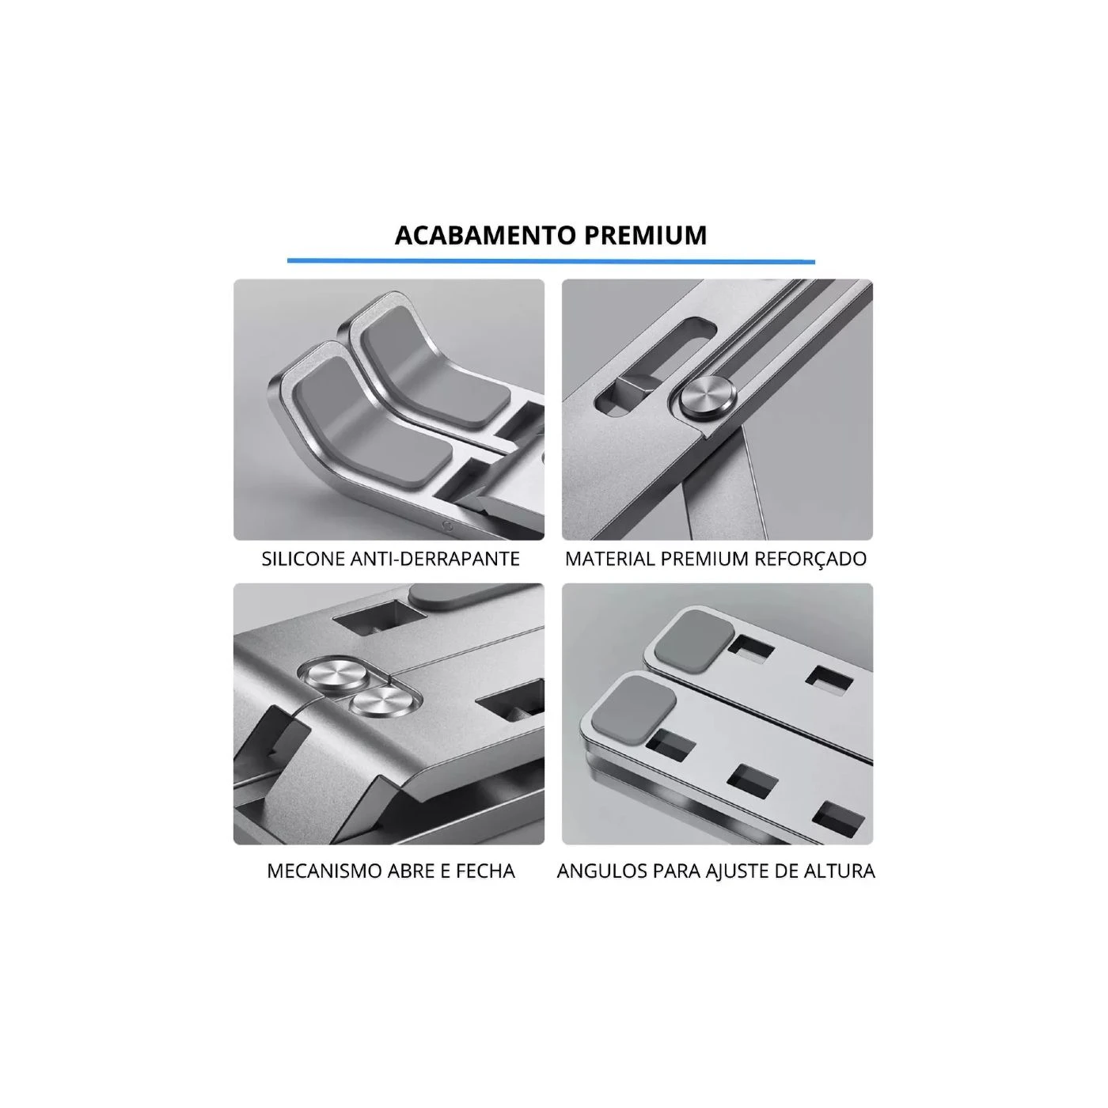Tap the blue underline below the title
[x=551, y=261]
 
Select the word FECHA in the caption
[x=485, y=871]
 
